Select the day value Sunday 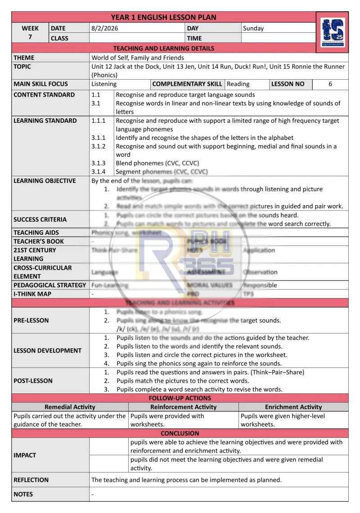pos(253,28)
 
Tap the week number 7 pos(30,36)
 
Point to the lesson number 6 pos(330,84)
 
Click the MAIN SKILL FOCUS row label pos(41,84)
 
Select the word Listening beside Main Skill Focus pos(104,84)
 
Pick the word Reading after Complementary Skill pos(238,84)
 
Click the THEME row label pos(24,58)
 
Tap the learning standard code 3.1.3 pos(99,163)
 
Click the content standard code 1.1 pos(96,95)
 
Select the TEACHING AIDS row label pos(36,233)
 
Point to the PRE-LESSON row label pos(31,321)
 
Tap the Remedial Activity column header pos(70,407)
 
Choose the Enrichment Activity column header pos(293,407)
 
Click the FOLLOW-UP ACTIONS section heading pos(180,398)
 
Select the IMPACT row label pos(25,455)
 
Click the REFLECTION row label pos(31,480)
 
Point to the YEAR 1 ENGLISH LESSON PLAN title pos(163,18)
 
